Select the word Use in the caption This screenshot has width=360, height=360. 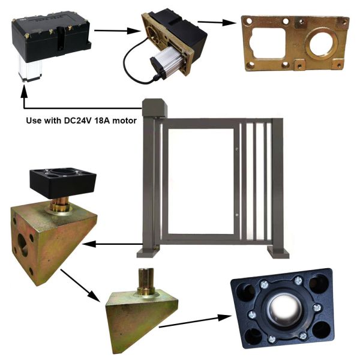34,120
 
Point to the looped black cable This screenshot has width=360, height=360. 135,63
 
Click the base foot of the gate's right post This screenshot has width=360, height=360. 278,251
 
